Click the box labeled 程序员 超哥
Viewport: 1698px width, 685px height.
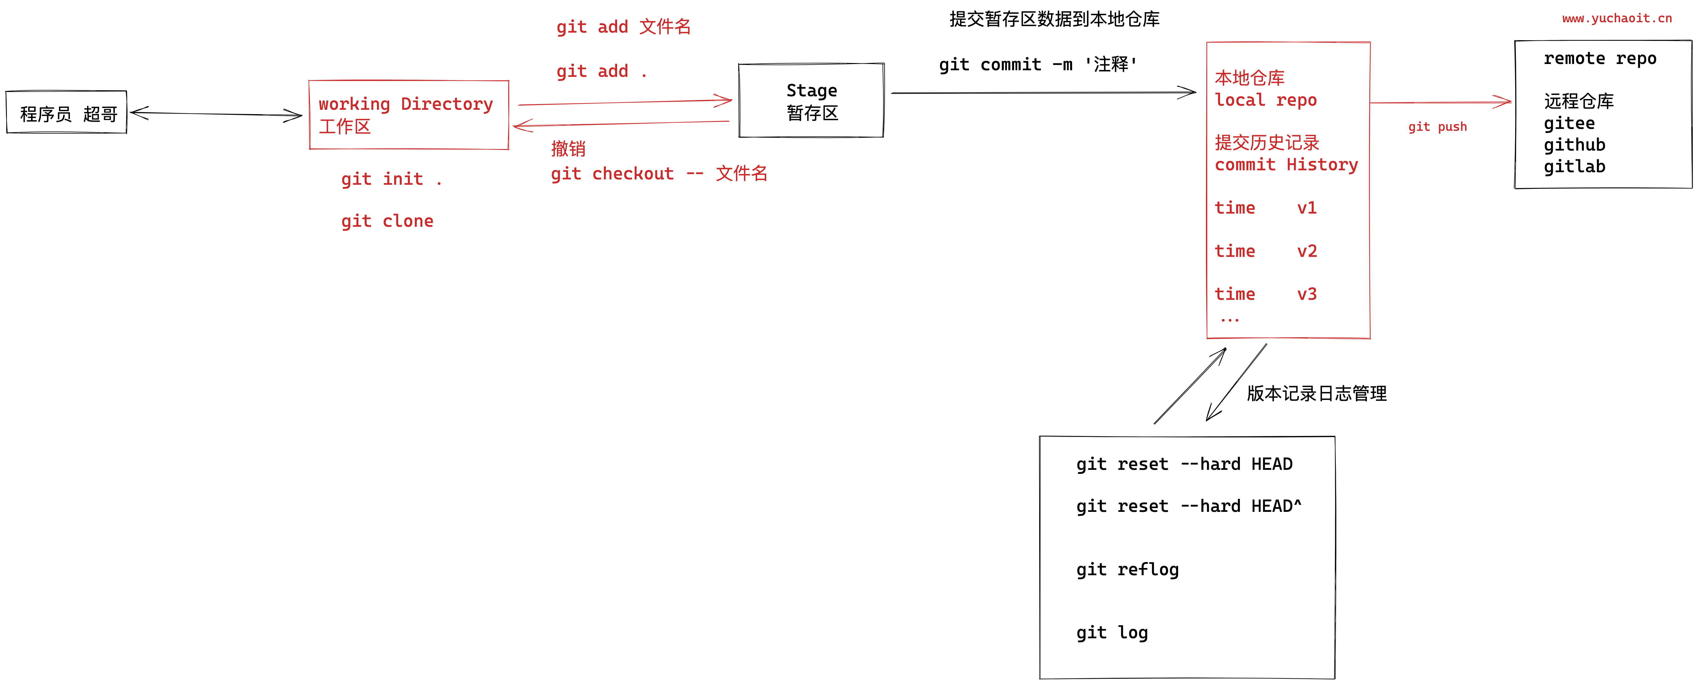click(66, 113)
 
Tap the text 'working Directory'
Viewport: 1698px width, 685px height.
click(405, 104)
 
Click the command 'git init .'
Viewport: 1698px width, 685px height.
click(391, 179)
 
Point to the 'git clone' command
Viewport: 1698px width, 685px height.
click(387, 221)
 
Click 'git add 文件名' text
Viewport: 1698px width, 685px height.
click(623, 27)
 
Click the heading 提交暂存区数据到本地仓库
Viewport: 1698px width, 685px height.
click(1054, 19)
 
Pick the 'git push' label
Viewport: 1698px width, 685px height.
click(1437, 127)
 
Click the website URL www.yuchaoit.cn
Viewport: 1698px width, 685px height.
click(1616, 19)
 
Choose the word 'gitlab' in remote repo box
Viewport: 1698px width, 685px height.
click(1574, 167)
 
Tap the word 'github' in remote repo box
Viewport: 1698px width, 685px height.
click(1574, 145)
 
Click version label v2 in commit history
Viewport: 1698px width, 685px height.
click(1306, 251)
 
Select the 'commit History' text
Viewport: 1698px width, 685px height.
click(1286, 165)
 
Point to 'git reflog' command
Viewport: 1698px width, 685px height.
click(1127, 570)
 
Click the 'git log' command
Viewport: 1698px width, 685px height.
click(1112, 633)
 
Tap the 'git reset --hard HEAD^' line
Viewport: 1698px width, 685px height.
click(1188, 506)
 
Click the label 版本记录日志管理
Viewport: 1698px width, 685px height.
click(1316, 394)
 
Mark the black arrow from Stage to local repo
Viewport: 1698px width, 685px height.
click(1041, 93)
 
